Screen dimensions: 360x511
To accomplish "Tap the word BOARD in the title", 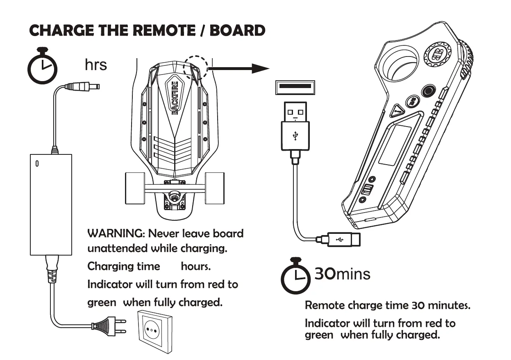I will [x=238, y=31].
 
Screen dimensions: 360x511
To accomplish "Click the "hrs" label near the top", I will [x=95, y=65].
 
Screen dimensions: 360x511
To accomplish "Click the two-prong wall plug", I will [x=108, y=326].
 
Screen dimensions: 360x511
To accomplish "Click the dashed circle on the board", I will [x=195, y=67].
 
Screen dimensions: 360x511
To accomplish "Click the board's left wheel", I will [x=135, y=188].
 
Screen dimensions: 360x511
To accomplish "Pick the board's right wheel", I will [x=214, y=188].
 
